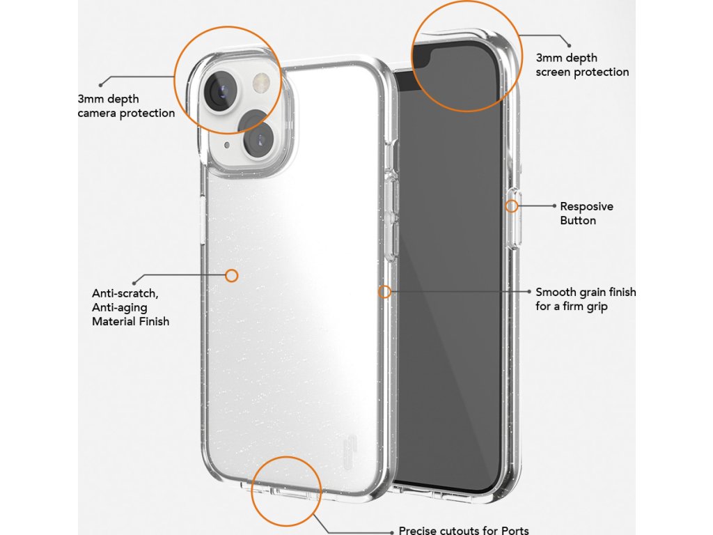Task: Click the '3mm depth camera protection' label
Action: pos(126,106)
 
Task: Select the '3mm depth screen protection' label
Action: pos(582,65)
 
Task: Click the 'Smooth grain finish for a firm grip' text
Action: pos(586,299)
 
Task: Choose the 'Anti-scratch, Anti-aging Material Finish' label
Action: pos(131,307)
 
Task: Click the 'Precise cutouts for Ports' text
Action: pos(469,530)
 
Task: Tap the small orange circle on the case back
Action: pos(232,276)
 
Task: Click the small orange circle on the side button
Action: pos(512,206)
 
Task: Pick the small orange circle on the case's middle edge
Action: pos(384,292)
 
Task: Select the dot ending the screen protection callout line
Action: pos(569,45)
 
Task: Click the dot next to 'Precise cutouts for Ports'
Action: pos(392,530)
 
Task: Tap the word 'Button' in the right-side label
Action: pos(578,220)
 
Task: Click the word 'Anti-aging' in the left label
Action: pos(120,307)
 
